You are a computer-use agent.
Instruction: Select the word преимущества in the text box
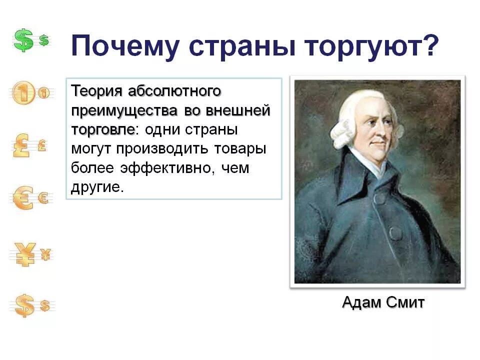tap(119, 110)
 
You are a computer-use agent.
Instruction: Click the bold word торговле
tap(103, 129)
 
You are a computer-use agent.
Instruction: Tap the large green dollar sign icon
tap(23, 40)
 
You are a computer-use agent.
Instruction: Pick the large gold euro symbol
tap(22, 198)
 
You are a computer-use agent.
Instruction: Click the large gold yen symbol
tap(23, 254)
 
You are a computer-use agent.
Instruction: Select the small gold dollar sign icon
tap(45, 305)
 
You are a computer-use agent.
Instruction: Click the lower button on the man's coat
tap(395, 232)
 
